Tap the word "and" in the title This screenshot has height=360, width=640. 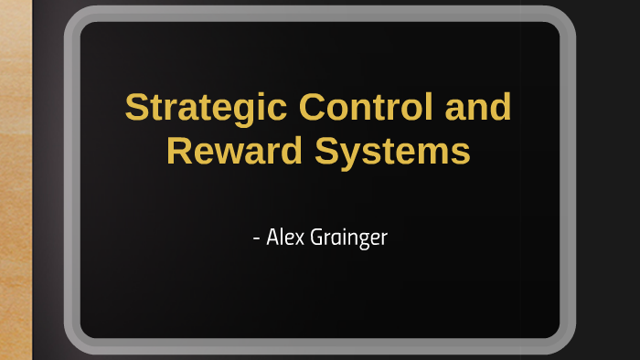coord(478,108)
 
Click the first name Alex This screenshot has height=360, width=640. coord(284,238)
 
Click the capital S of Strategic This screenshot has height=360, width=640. coord(135,108)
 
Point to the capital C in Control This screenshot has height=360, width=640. coord(313,108)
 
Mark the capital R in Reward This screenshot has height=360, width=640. coord(178,151)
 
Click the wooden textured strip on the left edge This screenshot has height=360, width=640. coord(16,183)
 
